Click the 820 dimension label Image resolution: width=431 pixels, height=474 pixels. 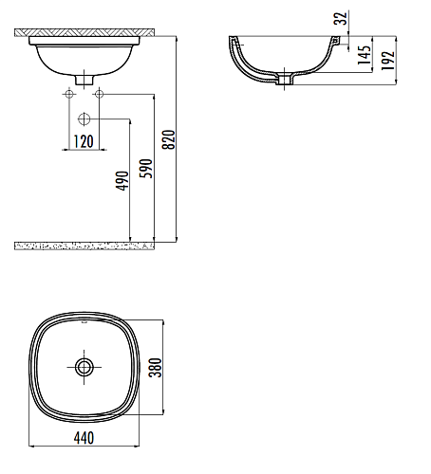[x=169, y=139]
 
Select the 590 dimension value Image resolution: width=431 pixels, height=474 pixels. [x=146, y=169]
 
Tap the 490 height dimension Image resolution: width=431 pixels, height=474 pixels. [x=122, y=181]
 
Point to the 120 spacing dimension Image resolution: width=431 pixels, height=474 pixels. [x=84, y=141]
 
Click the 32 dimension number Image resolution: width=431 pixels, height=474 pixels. [x=341, y=18]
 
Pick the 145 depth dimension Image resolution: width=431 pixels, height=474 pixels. [x=364, y=55]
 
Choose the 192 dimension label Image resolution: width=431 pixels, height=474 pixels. [x=387, y=61]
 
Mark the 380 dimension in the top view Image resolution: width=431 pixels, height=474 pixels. [x=155, y=368]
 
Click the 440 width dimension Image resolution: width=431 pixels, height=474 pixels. [x=84, y=438]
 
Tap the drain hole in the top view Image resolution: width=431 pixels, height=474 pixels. [x=84, y=367]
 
